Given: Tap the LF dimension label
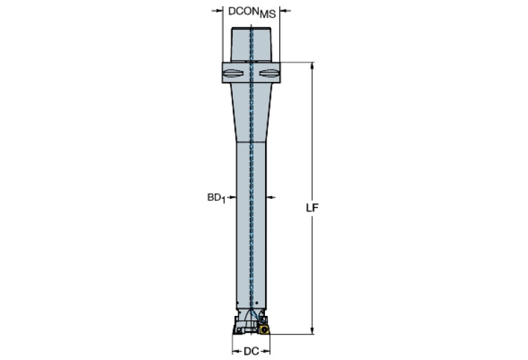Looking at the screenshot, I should tap(312, 207).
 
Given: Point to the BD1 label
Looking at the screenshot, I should tap(216, 198).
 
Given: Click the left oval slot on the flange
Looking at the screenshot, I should tap(233, 73).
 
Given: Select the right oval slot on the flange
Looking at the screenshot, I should tap(269, 73).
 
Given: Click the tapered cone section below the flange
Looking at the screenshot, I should tap(251, 110).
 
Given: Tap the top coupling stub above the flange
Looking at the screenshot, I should tap(251, 45).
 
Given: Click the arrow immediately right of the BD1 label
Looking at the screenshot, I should tap(232, 198).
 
